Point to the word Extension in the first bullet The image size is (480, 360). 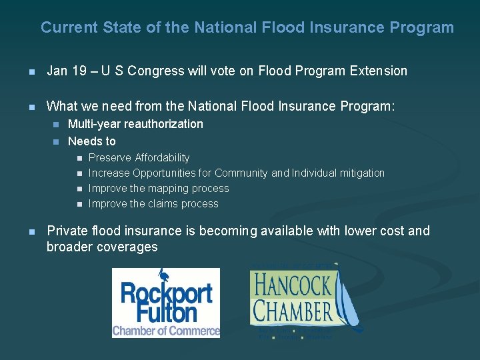378,71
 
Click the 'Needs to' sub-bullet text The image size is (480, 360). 92,141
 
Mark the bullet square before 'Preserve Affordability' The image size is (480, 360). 78,159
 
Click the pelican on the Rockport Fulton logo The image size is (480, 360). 165,276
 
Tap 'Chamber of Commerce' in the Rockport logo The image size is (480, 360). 165,331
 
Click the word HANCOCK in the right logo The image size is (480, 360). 291,287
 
